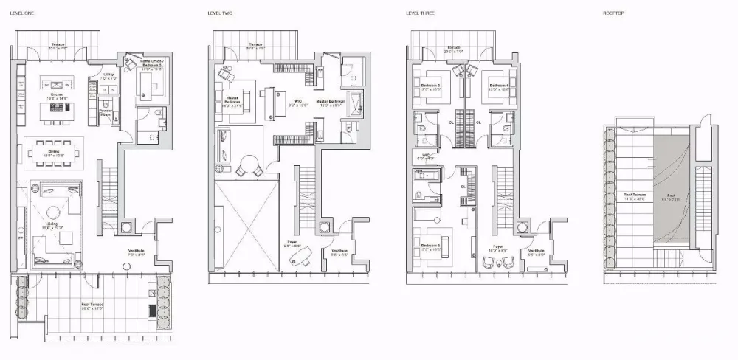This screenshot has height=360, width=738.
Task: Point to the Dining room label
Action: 54,153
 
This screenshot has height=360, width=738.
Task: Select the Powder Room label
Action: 106,113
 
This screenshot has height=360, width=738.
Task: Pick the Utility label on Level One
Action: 108,75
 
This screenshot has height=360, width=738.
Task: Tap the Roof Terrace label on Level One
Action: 92,305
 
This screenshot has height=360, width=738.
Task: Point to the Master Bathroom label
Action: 328,103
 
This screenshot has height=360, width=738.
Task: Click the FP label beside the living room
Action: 21,239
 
